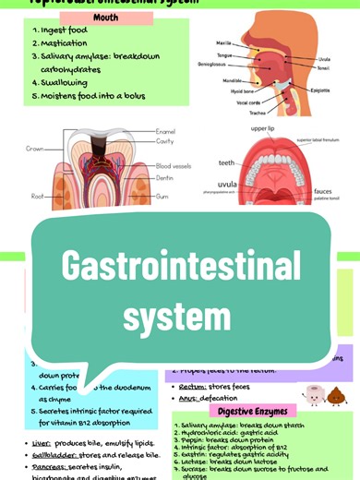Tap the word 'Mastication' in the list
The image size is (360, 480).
pos(64,42)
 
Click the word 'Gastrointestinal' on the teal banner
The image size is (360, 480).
pos(181,267)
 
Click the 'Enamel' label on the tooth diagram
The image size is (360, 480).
pos(166,132)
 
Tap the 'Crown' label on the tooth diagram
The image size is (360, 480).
pos(35,148)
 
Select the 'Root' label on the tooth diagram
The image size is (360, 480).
pos(37,196)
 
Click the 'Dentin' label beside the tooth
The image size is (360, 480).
pos(166,177)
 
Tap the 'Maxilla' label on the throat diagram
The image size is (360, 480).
pos(223,42)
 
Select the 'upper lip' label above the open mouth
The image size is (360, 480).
pos(263,127)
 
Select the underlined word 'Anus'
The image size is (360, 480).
pos(190,398)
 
